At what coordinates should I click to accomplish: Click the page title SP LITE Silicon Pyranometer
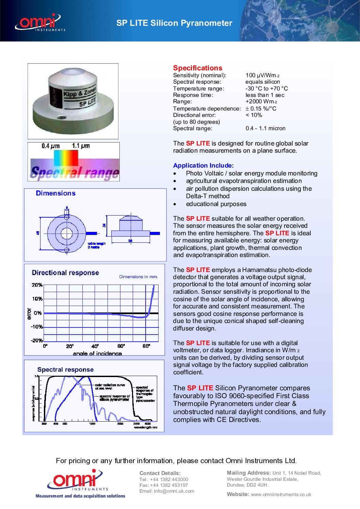(x=174, y=23)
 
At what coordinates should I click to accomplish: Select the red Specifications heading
(x=197, y=68)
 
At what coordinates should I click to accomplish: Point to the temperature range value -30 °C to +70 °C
(x=266, y=88)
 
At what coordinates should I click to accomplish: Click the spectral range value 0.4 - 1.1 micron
(x=265, y=129)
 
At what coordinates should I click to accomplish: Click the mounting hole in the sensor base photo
(x=62, y=118)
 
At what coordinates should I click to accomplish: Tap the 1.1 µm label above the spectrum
(x=81, y=146)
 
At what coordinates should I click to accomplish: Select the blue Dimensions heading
(x=55, y=193)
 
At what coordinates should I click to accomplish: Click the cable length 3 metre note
(x=97, y=245)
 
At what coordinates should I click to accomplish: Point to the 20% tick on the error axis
(x=37, y=285)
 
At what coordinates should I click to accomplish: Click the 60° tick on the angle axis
(x=121, y=346)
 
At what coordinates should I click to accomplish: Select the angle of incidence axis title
(x=97, y=354)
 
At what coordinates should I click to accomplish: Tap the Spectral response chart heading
(x=65, y=370)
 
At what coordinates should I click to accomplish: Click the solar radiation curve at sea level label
(x=110, y=387)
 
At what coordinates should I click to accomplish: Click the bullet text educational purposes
(x=216, y=204)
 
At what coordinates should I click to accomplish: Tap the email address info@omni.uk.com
(x=167, y=491)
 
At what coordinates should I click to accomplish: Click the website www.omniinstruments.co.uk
(x=281, y=494)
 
